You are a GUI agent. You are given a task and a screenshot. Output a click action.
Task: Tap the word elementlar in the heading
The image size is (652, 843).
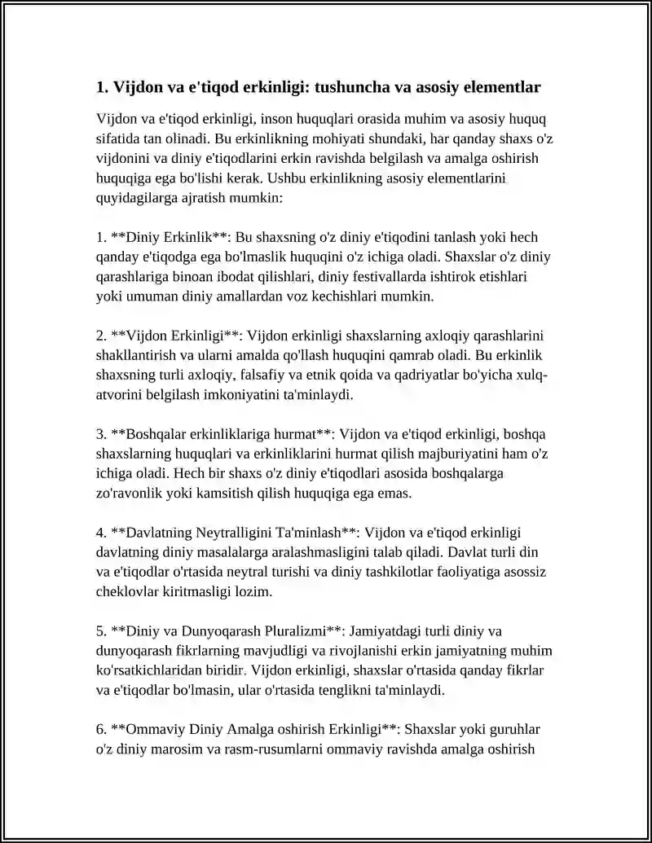click(499, 86)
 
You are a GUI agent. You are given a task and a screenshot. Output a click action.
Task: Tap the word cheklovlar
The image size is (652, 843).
click(129, 592)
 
